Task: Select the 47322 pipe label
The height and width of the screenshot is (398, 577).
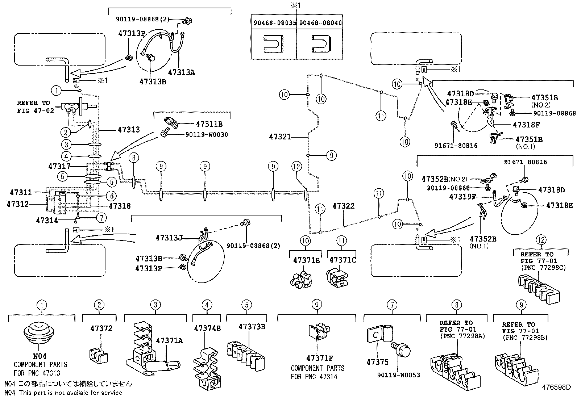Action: pyautogui.click(x=343, y=206)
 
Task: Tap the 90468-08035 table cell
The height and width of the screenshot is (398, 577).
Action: pyautogui.click(x=274, y=23)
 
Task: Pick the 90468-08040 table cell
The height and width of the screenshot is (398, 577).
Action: pyautogui.click(x=320, y=23)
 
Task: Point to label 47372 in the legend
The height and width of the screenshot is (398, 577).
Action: pyautogui.click(x=101, y=329)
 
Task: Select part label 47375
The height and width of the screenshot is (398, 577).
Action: pyautogui.click(x=377, y=362)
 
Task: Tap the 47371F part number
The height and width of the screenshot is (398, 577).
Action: pyautogui.click(x=319, y=358)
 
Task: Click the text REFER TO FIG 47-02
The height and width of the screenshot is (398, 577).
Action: pyautogui.click(x=36, y=107)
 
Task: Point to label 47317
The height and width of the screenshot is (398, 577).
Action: pyautogui.click(x=59, y=166)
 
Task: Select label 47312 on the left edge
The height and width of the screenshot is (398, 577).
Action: pyautogui.click(x=17, y=204)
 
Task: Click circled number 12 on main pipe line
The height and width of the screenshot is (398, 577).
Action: pyautogui.click(x=296, y=167)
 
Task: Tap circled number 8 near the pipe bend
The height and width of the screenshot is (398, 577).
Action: pyautogui.click(x=134, y=158)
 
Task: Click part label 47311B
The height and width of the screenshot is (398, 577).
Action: pyautogui.click(x=209, y=124)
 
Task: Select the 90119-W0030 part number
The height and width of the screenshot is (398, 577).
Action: pyautogui.click(x=207, y=135)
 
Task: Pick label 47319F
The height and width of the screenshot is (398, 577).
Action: pyautogui.click(x=462, y=197)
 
